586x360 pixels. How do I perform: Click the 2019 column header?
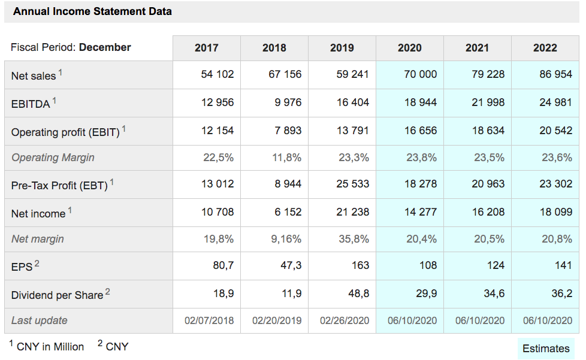click(x=342, y=48)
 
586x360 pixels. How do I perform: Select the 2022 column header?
click(x=545, y=48)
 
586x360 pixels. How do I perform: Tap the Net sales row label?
click(x=34, y=76)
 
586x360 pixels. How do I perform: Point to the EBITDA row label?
click(x=31, y=104)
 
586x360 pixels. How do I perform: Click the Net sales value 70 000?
click(x=421, y=74)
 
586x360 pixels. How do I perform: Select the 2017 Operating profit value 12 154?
click(x=218, y=131)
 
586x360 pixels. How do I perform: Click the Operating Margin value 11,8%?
click(x=286, y=157)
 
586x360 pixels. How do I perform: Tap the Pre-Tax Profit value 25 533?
click(x=352, y=184)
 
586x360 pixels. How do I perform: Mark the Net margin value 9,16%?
click(x=286, y=238)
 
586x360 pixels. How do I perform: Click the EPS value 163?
click(x=360, y=265)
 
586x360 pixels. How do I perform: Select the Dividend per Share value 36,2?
click(x=561, y=293)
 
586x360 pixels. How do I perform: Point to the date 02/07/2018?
click(x=209, y=320)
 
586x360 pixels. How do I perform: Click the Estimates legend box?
click(x=546, y=349)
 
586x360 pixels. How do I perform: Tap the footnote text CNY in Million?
click(x=50, y=347)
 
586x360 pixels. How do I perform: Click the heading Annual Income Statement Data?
click(x=92, y=11)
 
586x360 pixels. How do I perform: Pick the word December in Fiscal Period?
click(x=105, y=47)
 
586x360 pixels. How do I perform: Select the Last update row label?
click(x=39, y=320)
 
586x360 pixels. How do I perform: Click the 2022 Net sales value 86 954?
click(x=555, y=74)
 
